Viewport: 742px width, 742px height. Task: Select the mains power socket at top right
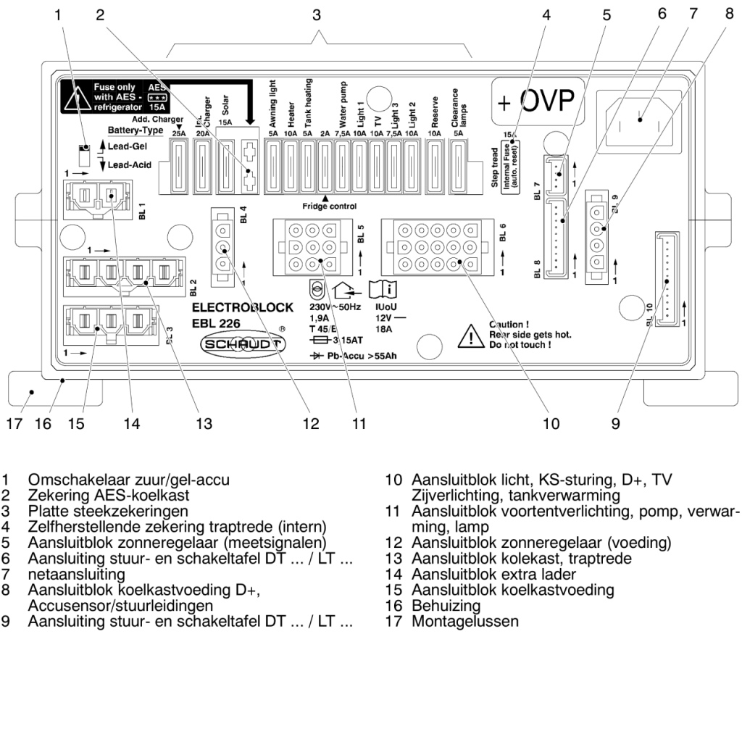[641, 120]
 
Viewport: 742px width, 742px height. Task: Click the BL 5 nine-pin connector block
[312, 247]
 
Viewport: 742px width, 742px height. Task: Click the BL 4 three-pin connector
[222, 247]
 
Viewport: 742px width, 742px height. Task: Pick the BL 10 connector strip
[668, 279]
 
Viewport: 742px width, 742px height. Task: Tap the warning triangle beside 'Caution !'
[472, 336]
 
